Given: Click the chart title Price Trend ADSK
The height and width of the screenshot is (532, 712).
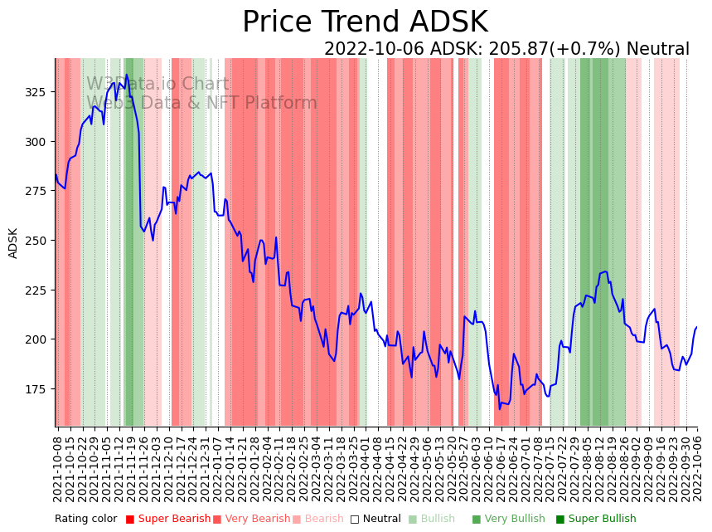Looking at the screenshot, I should coord(365,22).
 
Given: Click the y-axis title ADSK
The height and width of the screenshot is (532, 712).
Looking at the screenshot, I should coord(13,243).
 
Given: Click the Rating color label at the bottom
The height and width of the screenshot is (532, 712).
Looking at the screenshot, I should coord(86,520).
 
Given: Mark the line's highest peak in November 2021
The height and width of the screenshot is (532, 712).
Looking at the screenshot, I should coord(127,75).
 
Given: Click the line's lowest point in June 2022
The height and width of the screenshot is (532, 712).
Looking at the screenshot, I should coord(499,408).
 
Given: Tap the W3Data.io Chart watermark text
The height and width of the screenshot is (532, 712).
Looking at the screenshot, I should coord(157,84).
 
